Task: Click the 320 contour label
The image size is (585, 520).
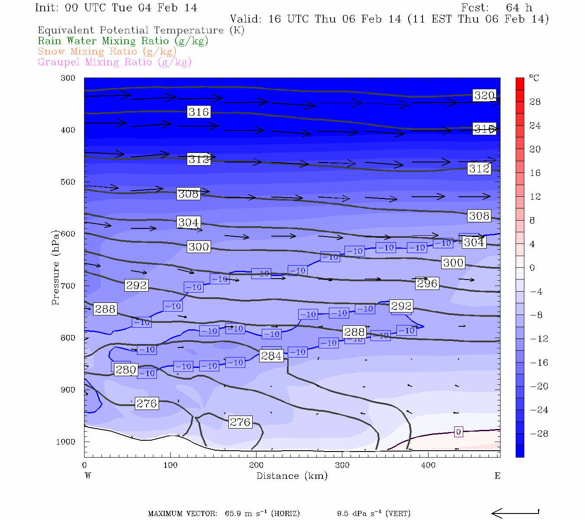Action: coord(484,96)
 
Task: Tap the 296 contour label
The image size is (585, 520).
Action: coord(427,283)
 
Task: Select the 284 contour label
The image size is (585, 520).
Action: coord(272,356)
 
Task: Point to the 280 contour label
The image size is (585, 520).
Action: coord(126,370)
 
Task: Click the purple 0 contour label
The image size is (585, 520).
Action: coord(458,432)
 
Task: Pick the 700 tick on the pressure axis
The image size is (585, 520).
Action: coord(68,286)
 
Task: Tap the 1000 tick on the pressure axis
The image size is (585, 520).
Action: coord(66,442)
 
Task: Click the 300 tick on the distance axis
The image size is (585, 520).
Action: coord(342,465)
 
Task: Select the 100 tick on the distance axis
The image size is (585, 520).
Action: coord(170,465)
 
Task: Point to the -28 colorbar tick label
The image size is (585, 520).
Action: coord(539,434)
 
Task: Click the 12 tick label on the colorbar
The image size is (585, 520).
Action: coord(535,197)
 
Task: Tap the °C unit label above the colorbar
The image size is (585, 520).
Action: coord(534,78)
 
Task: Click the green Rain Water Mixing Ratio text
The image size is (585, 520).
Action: coord(123,41)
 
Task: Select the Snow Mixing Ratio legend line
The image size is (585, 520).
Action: coord(107,52)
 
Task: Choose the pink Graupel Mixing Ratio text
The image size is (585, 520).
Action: coord(114,62)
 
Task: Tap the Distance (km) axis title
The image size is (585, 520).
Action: coord(292,476)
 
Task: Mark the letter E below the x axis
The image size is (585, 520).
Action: coord(497,476)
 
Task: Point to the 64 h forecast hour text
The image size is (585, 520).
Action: coord(519,8)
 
